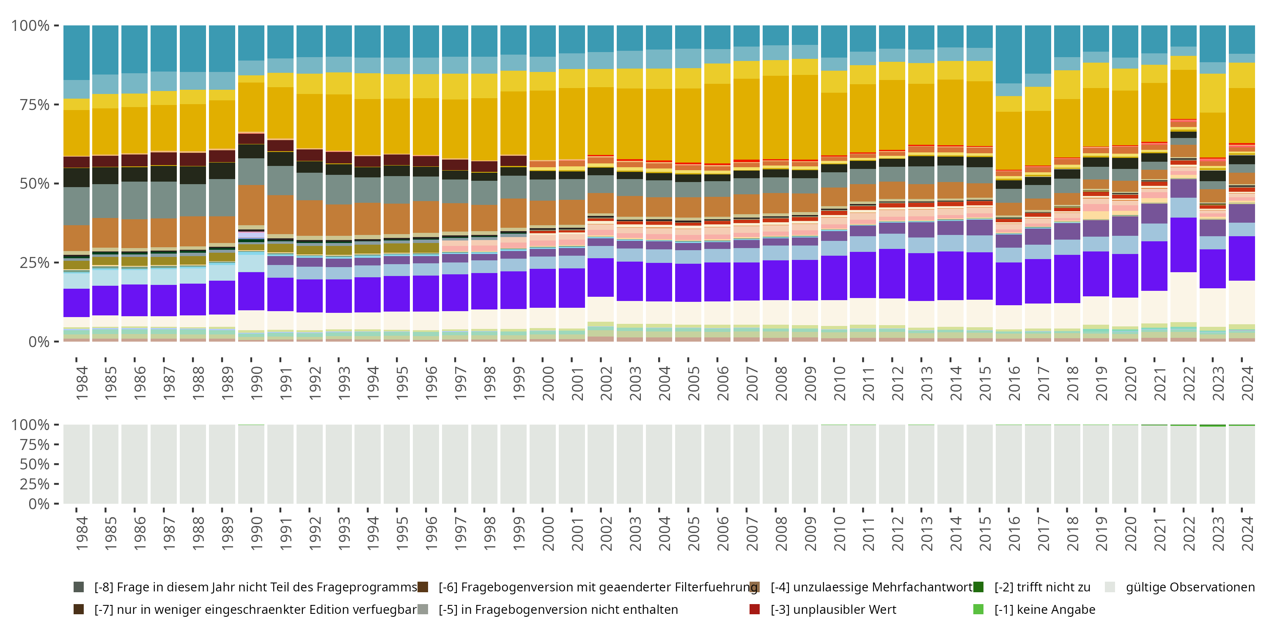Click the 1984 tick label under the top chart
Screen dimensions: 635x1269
point(82,383)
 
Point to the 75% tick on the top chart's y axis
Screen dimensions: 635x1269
point(35,105)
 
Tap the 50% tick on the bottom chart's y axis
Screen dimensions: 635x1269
point(35,464)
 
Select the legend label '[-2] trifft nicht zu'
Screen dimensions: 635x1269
point(1042,587)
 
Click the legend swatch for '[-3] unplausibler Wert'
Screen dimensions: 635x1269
point(754,609)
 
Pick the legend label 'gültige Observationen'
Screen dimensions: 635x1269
point(1189,587)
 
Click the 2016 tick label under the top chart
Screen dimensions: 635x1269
point(1014,383)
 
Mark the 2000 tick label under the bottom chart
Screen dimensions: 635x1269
point(548,533)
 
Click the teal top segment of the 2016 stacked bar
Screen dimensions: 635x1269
point(1008,54)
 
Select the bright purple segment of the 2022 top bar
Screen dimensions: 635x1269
point(1183,245)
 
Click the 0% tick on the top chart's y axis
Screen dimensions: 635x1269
point(38,342)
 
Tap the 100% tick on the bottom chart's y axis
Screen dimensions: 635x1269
point(30,425)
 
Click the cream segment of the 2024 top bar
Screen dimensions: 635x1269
point(1242,302)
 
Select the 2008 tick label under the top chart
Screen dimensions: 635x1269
point(781,383)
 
